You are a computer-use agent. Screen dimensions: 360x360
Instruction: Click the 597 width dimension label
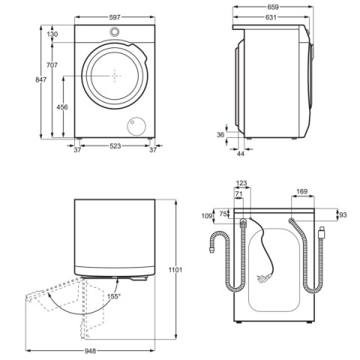coord(115,17)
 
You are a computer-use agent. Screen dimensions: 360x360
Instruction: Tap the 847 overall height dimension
coord(40,79)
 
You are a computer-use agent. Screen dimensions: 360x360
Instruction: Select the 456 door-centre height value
coord(62,107)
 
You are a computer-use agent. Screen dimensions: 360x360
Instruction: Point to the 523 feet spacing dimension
coord(115,146)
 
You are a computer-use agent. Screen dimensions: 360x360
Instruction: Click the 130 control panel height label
coord(52,34)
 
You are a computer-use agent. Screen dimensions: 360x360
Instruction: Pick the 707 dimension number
coord(52,65)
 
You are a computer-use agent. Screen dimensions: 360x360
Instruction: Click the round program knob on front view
coord(115,31)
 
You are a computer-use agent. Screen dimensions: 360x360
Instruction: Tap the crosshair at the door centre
coord(115,76)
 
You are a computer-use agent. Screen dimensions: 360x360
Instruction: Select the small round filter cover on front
coord(136,126)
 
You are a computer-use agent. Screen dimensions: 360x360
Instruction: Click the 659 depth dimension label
coord(273,7)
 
